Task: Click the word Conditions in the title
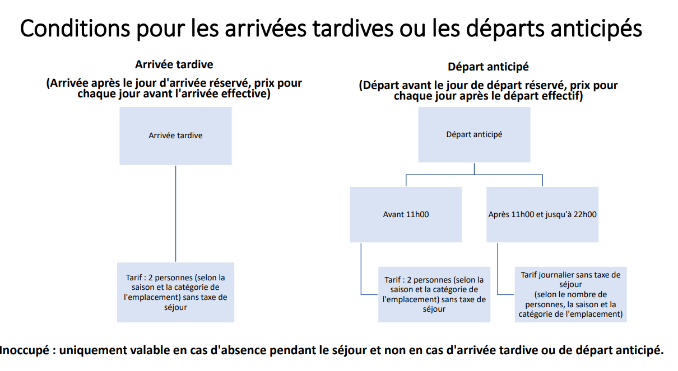pyautogui.click(x=75, y=29)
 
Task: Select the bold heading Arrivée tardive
pyautogui.click(x=174, y=64)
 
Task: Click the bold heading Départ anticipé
pyautogui.click(x=488, y=67)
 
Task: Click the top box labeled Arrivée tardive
pyautogui.click(x=175, y=136)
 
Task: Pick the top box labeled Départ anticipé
pyautogui.click(x=474, y=134)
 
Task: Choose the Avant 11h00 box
pyautogui.click(x=406, y=214)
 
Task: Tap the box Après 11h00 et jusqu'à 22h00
pyautogui.click(x=542, y=214)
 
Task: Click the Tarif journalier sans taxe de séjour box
pyautogui.click(x=570, y=294)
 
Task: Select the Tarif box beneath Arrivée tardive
pyautogui.click(x=175, y=292)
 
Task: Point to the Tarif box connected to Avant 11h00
pyautogui.click(x=434, y=294)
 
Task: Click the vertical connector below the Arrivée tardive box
pyautogui.click(x=175, y=213)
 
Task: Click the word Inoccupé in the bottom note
pyautogui.click(x=24, y=351)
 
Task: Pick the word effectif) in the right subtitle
pyautogui.click(x=560, y=96)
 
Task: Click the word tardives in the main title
pyautogui.click(x=352, y=29)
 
